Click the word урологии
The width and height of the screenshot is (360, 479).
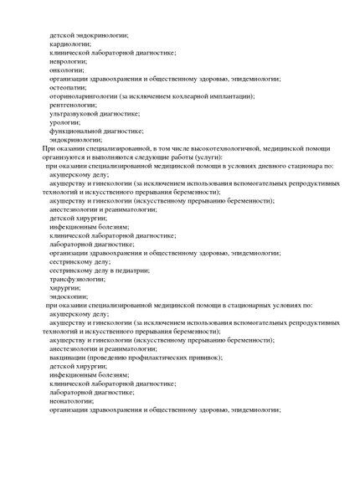click(64, 122)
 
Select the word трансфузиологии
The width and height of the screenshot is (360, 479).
click(76, 279)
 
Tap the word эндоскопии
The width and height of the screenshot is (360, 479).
click(67, 296)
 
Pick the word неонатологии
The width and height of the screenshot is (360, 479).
click(70, 401)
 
